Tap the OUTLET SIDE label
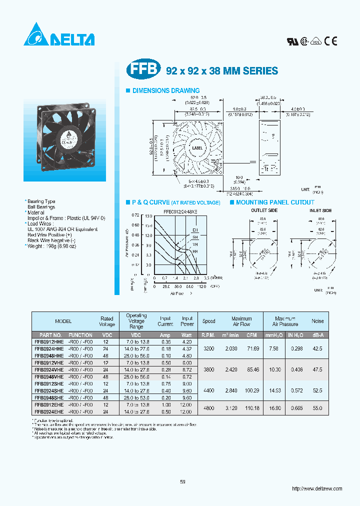pyautogui.click(x=264, y=211)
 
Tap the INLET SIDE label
pyautogui.click(x=320, y=211)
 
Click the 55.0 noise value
pyautogui.click(x=317, y=408)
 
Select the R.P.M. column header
pyautogui.click(x=209, y=335)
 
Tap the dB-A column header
pyautogui.click(x=317, y=335)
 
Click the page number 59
pyautogui.click(x=182, y=481)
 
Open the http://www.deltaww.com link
pyautogui.click(x=316, y=488)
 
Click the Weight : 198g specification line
pyautogui.click(x=52, y=246)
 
